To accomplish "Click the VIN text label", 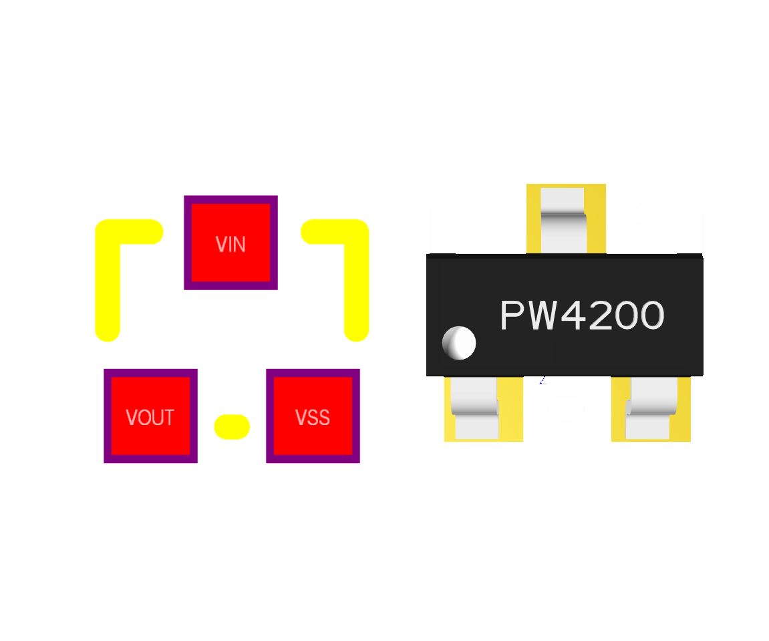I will click(230, 245).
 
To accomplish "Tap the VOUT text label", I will click(150, 418).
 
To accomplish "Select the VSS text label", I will click(313, 418).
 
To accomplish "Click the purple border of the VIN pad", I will click(188, 243).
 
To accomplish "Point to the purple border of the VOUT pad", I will click(108, 416).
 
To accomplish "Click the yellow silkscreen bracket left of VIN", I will click(108, 281).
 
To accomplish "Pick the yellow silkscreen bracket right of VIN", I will click(356, 281).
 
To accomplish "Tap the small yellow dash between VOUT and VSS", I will click(232, 427).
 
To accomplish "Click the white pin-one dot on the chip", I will click(459, 343).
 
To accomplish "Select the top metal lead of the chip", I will click(563, 221).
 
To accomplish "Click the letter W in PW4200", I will click(542, 315).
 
